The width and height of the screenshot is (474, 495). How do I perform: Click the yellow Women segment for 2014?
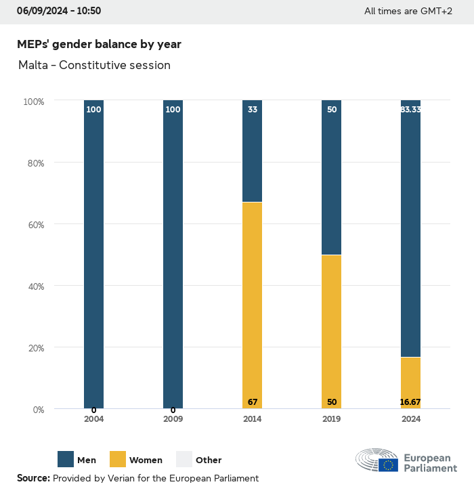point(252,305)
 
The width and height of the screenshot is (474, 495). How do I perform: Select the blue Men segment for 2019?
point(331,177)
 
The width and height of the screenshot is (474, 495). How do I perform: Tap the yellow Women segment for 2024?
point(410,383)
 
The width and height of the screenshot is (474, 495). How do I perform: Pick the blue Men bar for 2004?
point(93,255)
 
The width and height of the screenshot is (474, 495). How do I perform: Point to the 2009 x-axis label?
point(173,419)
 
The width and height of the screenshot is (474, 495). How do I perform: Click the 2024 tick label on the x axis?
point(410,419)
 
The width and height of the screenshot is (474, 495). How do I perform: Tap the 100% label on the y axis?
point(33,101)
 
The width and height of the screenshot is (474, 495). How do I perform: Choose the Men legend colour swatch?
point(66,459)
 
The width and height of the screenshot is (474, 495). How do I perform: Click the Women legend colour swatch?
point(117,459)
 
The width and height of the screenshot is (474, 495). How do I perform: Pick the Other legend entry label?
point(209,460)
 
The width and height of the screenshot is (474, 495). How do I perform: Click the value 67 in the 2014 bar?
point(252,402)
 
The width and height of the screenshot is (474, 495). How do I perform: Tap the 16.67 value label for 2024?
point(410,402)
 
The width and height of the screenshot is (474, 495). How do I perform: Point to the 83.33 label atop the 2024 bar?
point(410,109)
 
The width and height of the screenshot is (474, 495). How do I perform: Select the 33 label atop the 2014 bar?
point(252,109)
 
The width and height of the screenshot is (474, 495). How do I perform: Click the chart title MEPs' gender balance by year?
point(99,44)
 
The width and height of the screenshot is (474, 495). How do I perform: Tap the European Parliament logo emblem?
point(377,460)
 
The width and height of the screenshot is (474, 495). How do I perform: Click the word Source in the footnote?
point(33,478)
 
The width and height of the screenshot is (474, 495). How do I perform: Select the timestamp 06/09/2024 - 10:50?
point(59,11)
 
